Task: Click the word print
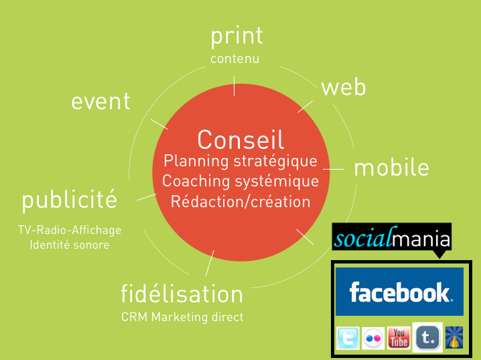[236, 37]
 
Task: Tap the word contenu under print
[234, 58]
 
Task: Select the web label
[344, 87]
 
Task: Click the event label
[100, 101]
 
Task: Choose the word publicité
[69, 200]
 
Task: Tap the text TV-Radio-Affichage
[70, 230]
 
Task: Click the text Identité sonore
[70, 245]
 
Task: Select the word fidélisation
[182, 294]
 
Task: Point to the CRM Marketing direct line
[182, 316]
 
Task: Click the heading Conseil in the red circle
[240, 139]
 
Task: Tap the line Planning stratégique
[240, 161]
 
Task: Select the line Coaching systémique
[240, 181]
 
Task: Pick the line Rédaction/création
[240, 202]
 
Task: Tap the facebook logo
[399, 292]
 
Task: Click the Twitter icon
[348, 338]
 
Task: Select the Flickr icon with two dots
[373, 338]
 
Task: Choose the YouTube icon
[399, 338]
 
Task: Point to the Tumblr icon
[427, 337]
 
